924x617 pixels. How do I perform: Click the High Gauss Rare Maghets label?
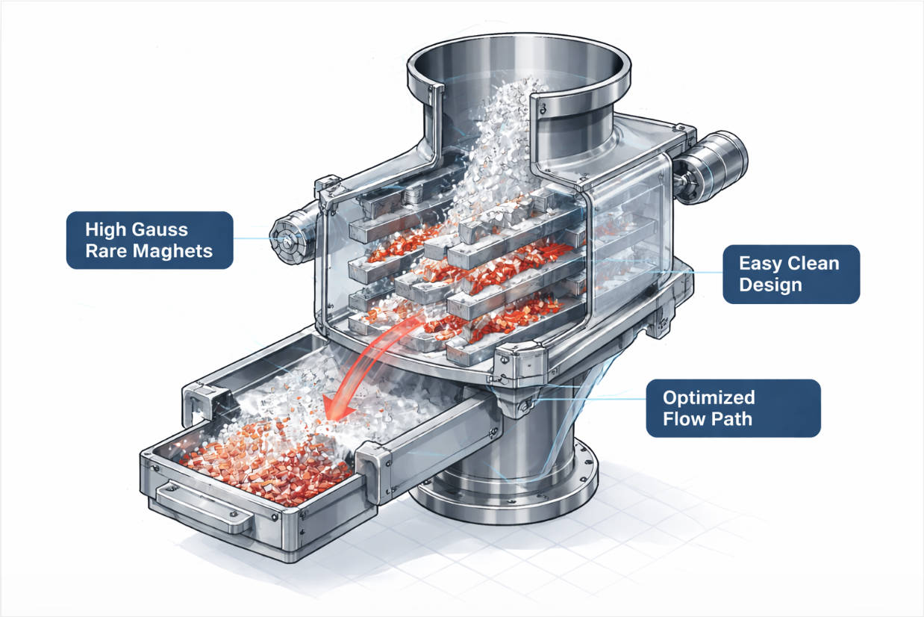click(x=149, y=240)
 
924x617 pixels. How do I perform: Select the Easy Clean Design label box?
click(x=790, y=274)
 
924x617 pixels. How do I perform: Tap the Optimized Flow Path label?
click(x=732, y=408)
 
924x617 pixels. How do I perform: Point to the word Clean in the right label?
click(x=811, y=264)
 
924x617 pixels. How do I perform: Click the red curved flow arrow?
click(x=358, y=370)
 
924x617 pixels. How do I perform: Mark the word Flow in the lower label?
click(x=685, y=419)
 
